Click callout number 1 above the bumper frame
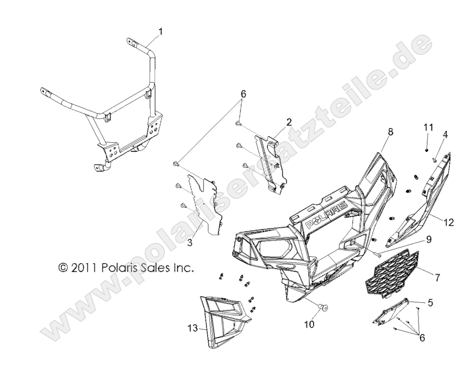tap(161, 31)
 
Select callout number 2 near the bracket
tap(289, 122)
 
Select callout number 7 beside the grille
tap(437, 278)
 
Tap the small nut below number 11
tap(427, 150)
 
